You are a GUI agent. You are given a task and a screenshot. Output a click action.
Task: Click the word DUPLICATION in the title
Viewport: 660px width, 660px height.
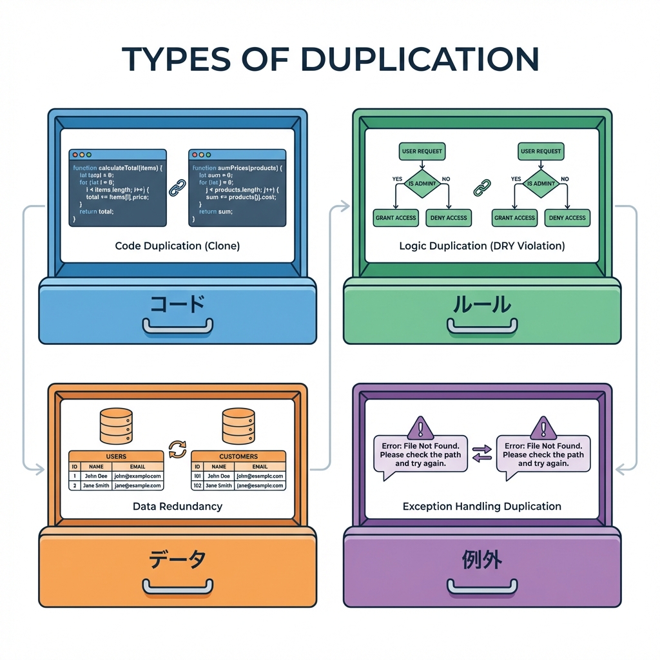(420, 59)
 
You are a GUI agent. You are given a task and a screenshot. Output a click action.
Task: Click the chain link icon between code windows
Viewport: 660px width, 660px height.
(177, 188)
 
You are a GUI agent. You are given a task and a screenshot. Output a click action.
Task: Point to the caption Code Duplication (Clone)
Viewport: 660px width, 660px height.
(177, 246)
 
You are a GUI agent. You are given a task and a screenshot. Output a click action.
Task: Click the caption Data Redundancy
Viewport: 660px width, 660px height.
(177, 506)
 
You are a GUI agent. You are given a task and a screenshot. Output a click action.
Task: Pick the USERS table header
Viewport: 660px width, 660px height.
(116, 456)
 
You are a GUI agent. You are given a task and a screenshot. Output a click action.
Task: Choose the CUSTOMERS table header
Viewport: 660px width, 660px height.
(238, 456)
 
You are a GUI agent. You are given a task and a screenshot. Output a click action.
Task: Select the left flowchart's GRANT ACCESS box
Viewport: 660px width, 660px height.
(396, 218)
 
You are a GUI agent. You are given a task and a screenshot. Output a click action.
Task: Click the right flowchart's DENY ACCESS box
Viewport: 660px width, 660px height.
(567, 218)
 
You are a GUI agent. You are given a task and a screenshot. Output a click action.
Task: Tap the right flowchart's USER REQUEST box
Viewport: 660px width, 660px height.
(540, 151)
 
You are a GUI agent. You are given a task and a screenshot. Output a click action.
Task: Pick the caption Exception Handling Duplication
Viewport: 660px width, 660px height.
(482, 506)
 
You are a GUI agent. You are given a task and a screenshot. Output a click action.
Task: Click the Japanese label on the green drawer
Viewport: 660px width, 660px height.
(481, 304)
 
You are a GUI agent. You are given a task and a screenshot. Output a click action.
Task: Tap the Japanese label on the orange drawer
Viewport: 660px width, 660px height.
(177, 559)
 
